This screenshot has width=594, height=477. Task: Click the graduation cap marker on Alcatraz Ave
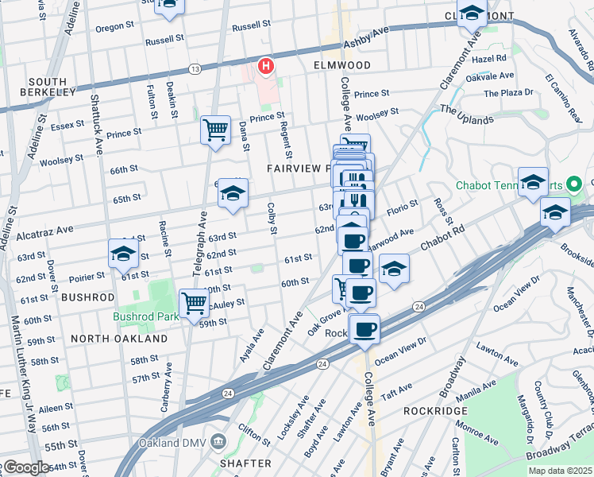(232, 193)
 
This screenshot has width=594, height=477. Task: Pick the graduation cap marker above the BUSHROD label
(124, 254)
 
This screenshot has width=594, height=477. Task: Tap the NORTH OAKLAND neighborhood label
(118, 339)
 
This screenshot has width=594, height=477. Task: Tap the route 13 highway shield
(195, 70)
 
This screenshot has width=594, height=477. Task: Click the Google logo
(26, 467)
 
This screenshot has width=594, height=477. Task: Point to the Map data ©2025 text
(560, 471)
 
